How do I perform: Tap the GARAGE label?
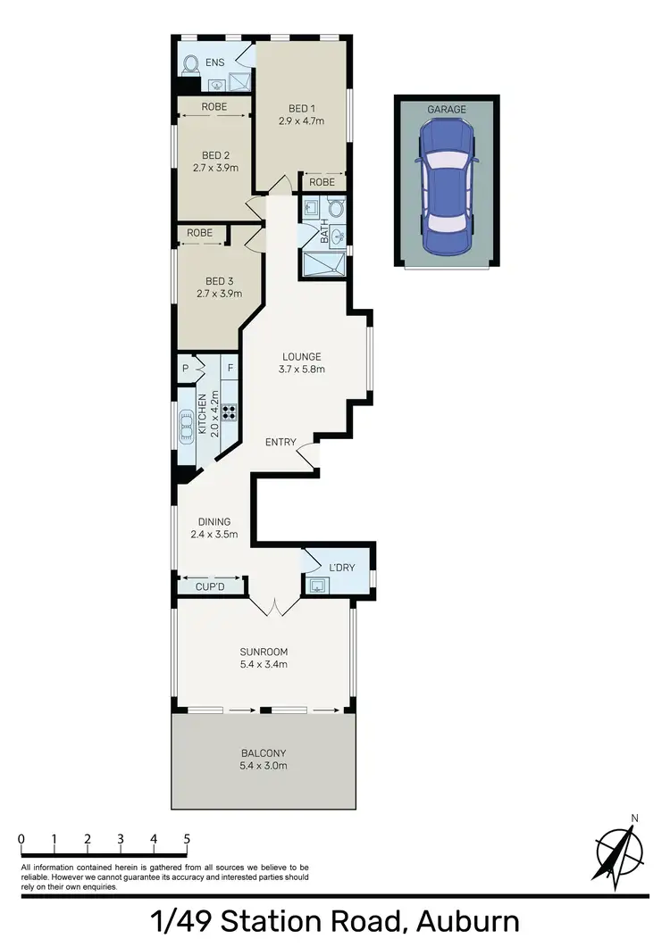(447, 110)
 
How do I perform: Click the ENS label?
(215, 62)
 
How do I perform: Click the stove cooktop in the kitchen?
(230, 411)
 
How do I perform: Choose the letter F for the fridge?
(230, 368)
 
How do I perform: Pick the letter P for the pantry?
(186, 368)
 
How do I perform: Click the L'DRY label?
(343, 569)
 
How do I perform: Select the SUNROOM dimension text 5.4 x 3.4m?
(264, 664)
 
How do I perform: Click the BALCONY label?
(263, 752)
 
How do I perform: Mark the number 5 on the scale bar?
(187, 840)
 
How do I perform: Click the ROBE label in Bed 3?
(200, 234)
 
